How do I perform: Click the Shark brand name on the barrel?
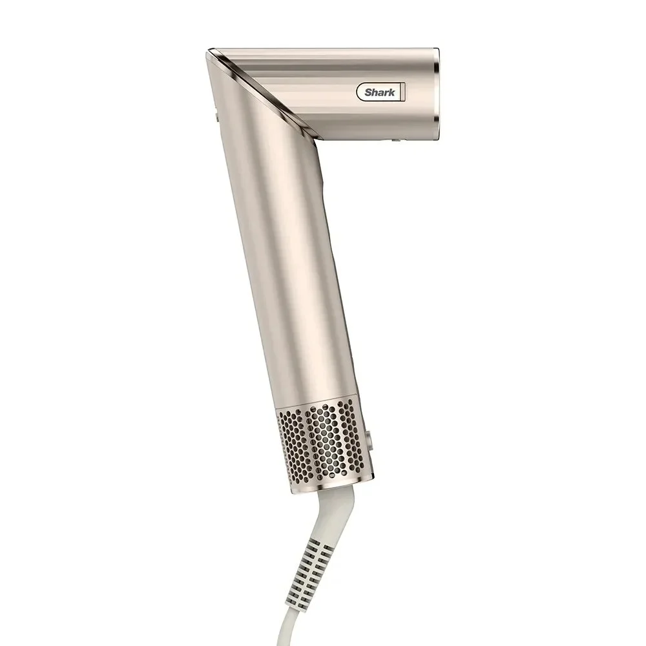379,92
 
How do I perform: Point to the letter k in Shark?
391,92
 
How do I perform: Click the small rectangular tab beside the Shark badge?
401,92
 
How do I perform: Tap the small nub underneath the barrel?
397,138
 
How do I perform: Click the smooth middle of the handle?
291,271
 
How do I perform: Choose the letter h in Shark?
374,92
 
